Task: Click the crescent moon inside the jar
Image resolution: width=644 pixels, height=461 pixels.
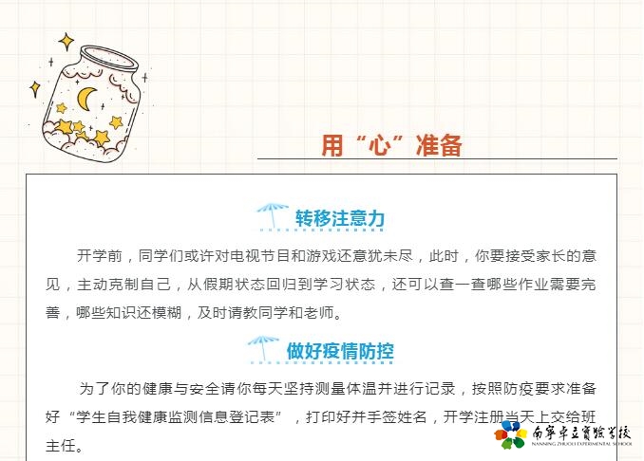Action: point(85,99)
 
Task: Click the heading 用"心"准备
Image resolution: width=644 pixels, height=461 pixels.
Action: point(391,145)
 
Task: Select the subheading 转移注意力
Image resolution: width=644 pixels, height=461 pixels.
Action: point(340,218)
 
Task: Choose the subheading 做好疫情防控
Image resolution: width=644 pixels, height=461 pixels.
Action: point(340,351)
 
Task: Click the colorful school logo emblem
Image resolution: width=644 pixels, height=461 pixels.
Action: point(510,434)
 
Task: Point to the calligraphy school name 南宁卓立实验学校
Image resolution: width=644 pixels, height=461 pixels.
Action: point(581,433)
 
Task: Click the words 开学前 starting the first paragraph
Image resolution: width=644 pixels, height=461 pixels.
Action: point(100,256)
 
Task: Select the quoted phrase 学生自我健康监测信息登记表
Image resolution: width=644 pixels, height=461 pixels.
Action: point(176,417)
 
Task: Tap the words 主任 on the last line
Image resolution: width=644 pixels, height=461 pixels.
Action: point(61,446)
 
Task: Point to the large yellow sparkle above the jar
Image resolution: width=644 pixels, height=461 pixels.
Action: point(66,42)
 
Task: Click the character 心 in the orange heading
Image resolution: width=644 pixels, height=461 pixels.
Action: point(380,146)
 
